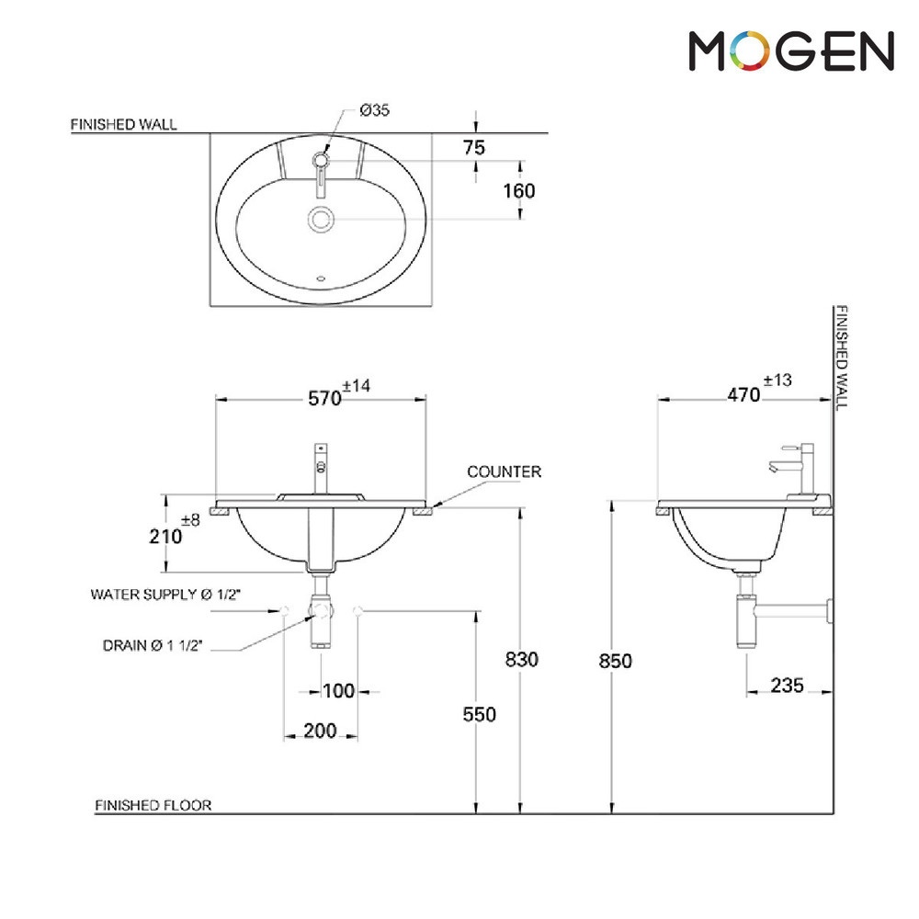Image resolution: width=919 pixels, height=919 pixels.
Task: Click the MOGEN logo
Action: click(791, 51)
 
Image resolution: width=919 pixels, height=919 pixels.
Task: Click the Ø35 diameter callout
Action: click(375, 109)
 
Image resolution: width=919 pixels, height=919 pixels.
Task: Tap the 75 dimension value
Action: click(474, 147)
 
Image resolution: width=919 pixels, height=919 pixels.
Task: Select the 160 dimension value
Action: click(519, 190)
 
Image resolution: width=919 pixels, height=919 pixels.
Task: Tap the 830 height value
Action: click(522, 659)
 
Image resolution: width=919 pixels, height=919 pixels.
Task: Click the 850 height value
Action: click(616, 661)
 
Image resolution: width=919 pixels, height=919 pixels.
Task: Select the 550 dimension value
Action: click(480, 714)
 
